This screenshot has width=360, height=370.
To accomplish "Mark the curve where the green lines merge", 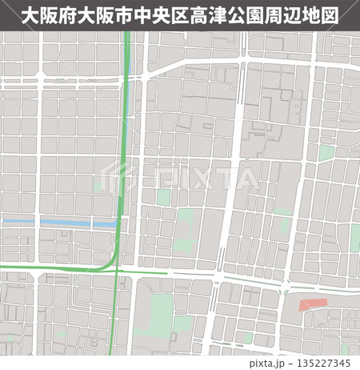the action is pos(115,258).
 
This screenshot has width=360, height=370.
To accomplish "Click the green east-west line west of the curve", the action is pos(48,267).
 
